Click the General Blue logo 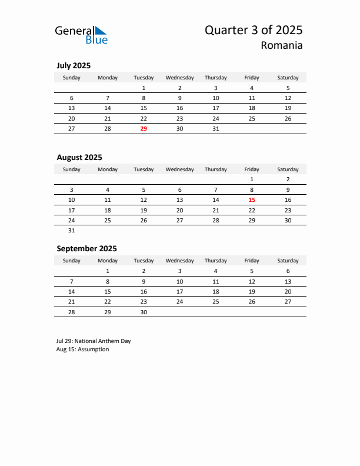(81, 35)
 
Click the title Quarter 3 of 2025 (254, 30)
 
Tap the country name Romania (283, 45)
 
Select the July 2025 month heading (74, 65)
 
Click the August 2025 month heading (79, 157)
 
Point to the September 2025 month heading (86, 248)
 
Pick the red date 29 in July (144, 128)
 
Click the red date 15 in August (252, 199)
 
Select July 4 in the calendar (252, 88)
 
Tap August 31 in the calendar (72, 231)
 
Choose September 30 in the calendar (144, 312)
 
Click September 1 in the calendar (108, 271)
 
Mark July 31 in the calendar (216, 128)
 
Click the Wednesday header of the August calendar (179, 169)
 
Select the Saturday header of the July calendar (288, 78)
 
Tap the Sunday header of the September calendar (72, 261)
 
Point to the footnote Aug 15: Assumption (83, 349)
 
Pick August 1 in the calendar (252, 179)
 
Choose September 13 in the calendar (288, 281)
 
